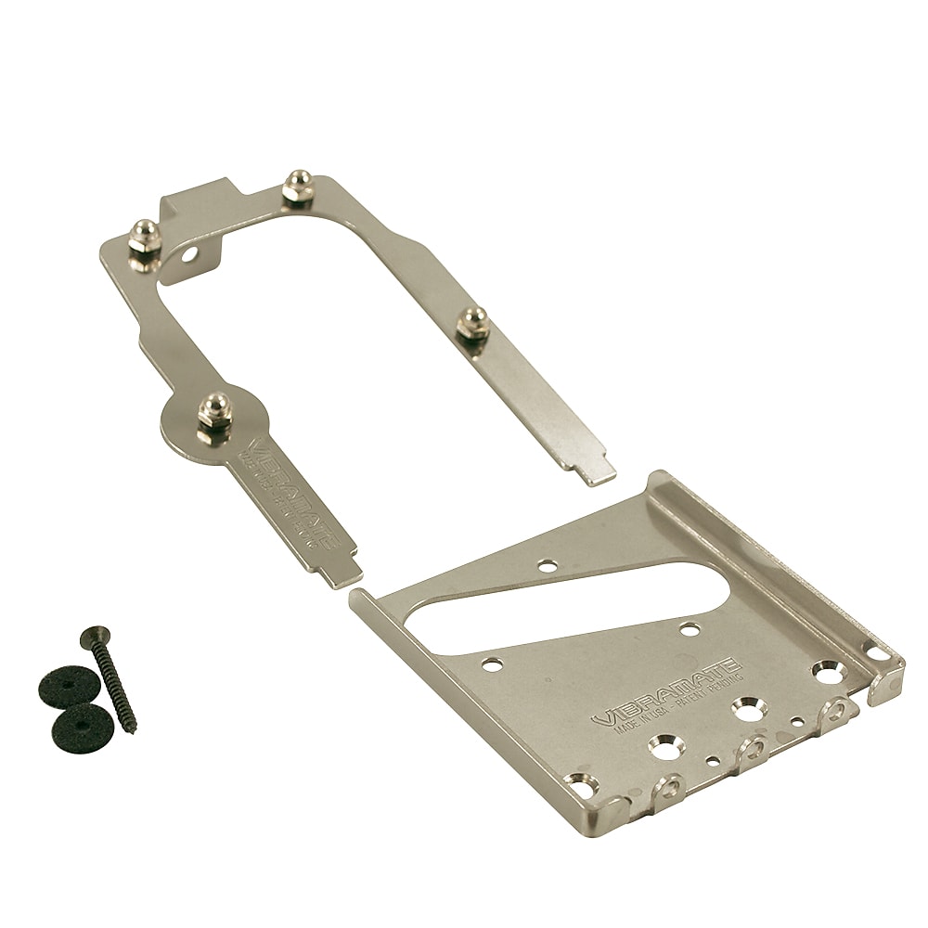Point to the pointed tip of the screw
click(133, 728)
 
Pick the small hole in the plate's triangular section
click(548, 564)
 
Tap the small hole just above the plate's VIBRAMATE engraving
click(689, 630)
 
